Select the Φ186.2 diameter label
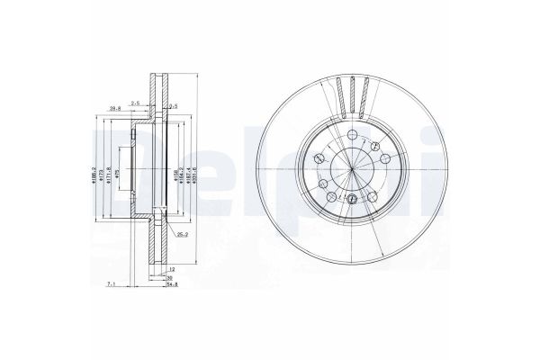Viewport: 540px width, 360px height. click(x=93, y=169)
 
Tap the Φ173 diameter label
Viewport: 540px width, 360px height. click(x=102, y=169)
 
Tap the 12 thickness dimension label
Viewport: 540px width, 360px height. click(x=171, y=269)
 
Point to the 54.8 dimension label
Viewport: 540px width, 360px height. click(x=174, y=285)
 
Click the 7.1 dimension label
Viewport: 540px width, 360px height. click(x=110, y=285)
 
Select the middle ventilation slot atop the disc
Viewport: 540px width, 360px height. click(x=354, y=94)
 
